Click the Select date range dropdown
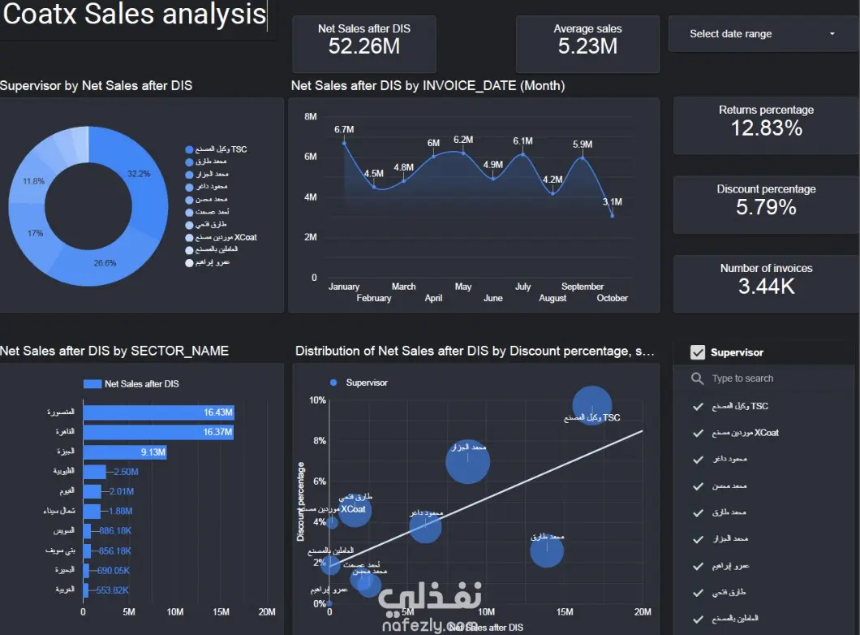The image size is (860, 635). pyautogui.click(x=761, y=34)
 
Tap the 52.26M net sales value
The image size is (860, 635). pyautogui.click(x=364, y=46)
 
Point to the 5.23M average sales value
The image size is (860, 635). pyautogui.click(x=587, y=46)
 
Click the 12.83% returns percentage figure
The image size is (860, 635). pyautogui.click(x=766, y=128)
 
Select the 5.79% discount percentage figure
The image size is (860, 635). pyautogui.click(x=766, y=207)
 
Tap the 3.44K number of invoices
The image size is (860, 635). pyautogui.click(x=766, y=286)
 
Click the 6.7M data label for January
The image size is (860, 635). pyautogui.click(x=344, y=130)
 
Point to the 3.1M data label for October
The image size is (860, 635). pyautogui.click(x=613, y=202)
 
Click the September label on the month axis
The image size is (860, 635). pyautogui.click(x=583, y=287)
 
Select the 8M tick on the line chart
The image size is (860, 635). pyautogui.click(x=311, y=117)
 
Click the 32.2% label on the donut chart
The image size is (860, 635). pyautogui.click(x=139, y=174)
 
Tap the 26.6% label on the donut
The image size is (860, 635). pyautogui.click(x=104, y=263)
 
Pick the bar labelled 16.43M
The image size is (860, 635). pyautogui.click(x=158, y=413)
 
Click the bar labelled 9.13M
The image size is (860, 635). pyautogui.click(x=125, y=452)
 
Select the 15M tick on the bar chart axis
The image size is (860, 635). pyautogui.click(x=221, y=611)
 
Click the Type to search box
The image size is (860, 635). pyautogui.click(x=742, y=378)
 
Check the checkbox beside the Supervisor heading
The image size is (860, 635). pyautogui.click(x=697, y=352)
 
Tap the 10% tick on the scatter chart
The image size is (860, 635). pyautogui.click(x=316, y=400)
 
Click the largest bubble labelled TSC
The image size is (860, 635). pyautogui.click(x=592, y=404)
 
